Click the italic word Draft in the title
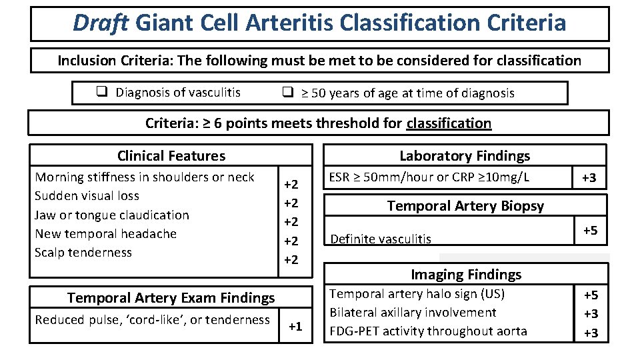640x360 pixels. [101, 23]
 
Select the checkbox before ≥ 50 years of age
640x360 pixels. [287, 93]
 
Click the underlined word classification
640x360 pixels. [449, 123]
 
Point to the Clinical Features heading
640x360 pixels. [171, 156]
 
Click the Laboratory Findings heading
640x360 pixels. [465, 156]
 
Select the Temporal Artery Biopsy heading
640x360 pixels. [465, 206]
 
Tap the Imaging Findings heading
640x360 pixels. [466, 274]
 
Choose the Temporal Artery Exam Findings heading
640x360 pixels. [171, 298]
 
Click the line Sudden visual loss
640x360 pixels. [87, 196]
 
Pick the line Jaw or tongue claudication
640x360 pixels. [112, 215]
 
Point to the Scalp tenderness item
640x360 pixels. [83, 252]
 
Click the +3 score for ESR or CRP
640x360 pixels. [589, 178]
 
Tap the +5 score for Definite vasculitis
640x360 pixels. [590, 231]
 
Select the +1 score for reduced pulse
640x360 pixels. [295, 326]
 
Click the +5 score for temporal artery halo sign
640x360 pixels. [591, 295]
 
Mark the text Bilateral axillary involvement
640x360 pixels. [413, 313]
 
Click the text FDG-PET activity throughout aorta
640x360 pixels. [429, 331]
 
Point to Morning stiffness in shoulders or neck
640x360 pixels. [145, 177]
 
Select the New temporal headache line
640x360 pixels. [106, 233]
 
